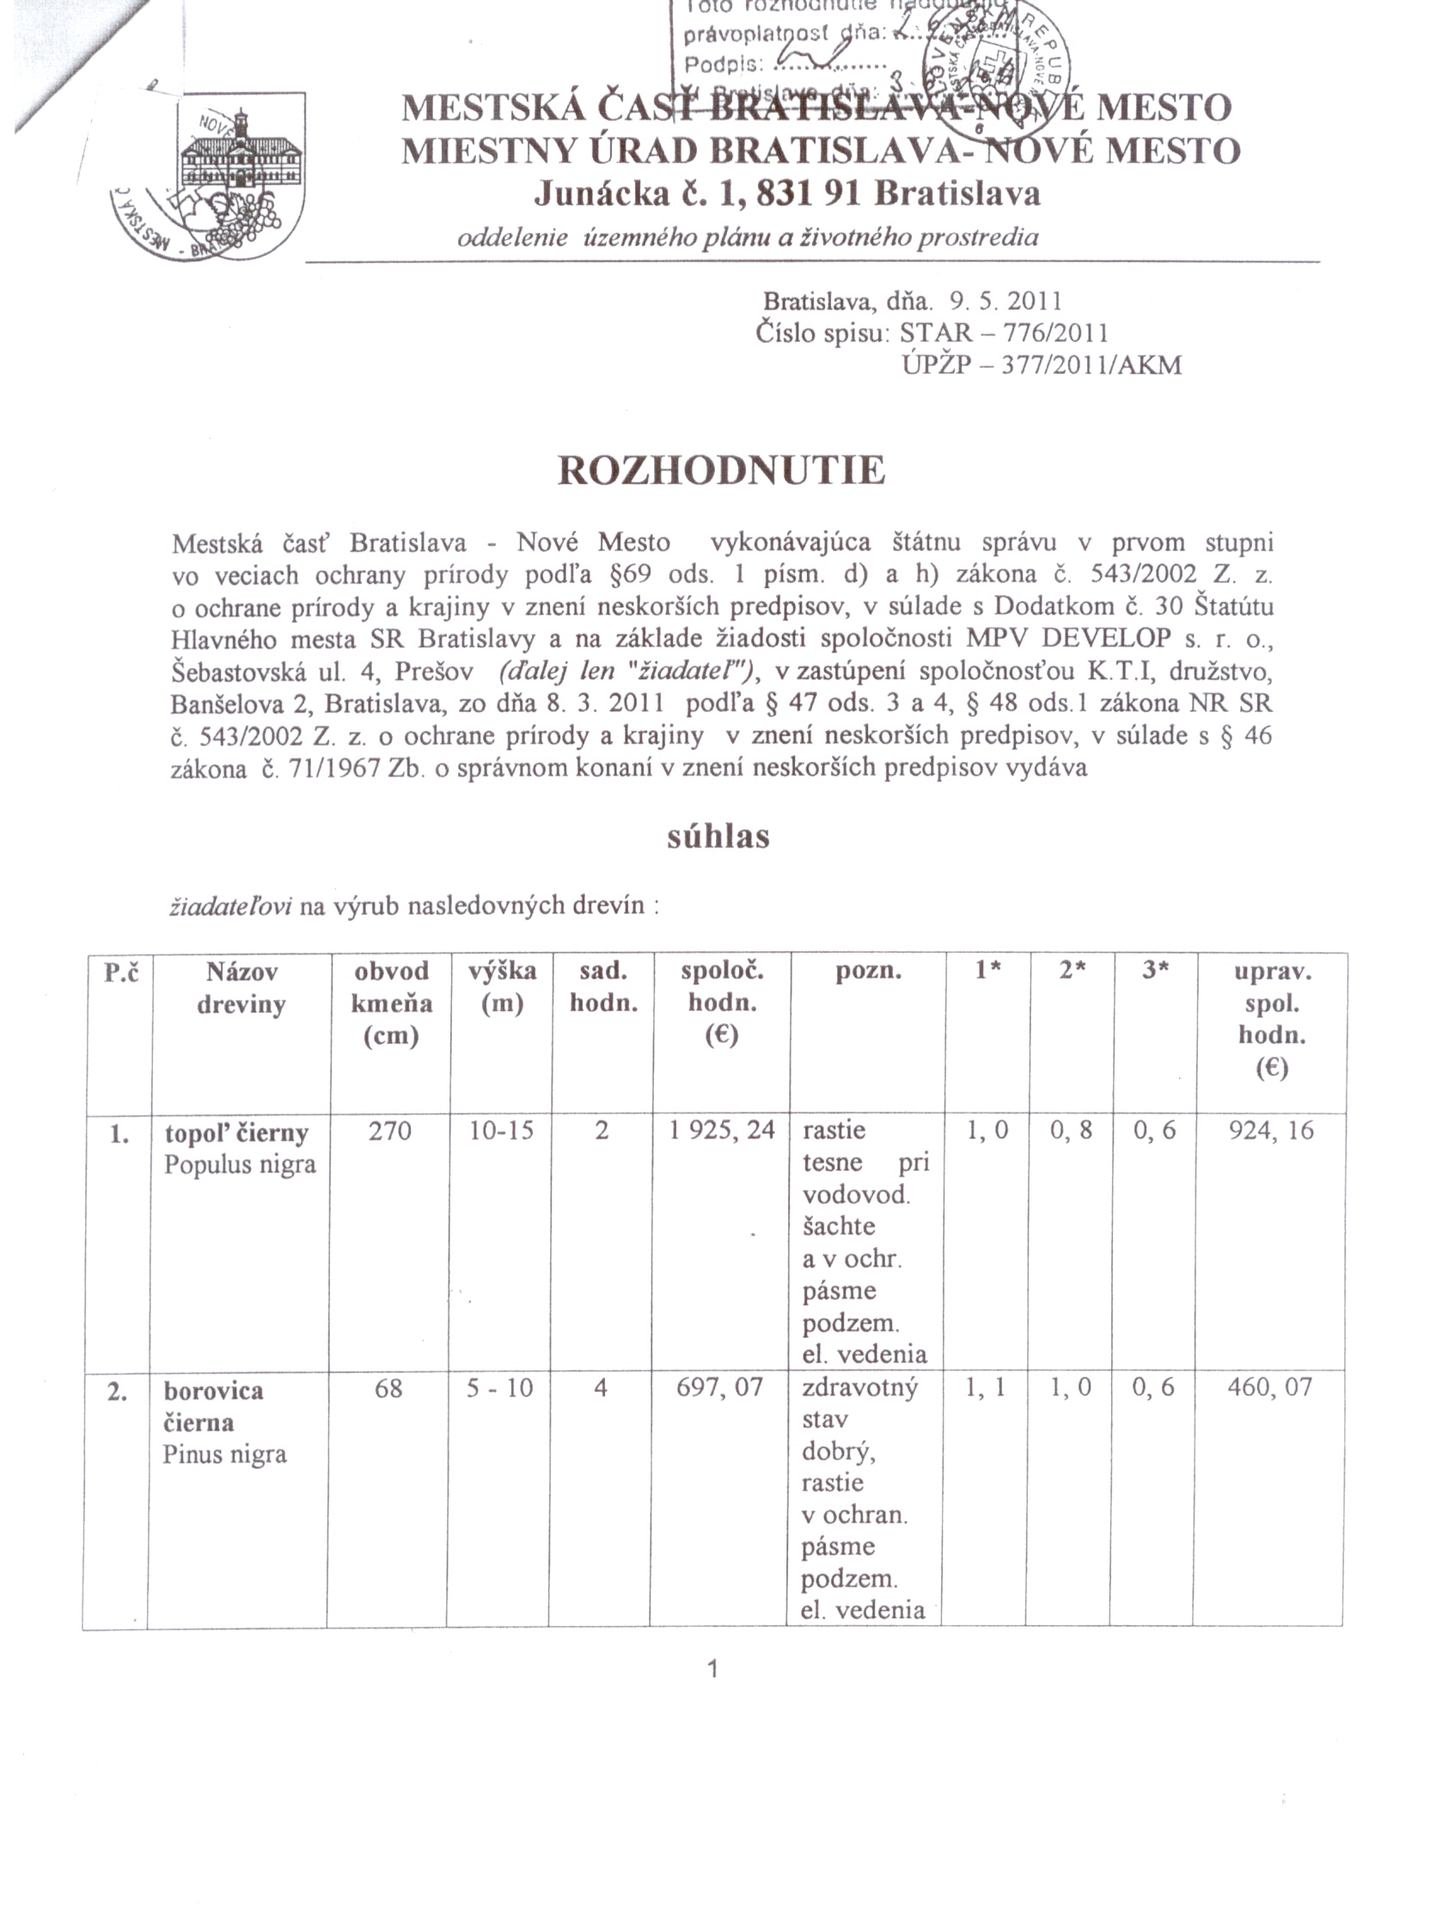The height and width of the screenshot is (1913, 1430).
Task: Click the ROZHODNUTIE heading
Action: tap(721, 471)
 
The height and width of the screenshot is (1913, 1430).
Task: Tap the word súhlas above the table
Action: tap(718, 837)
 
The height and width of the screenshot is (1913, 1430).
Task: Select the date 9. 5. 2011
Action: tap(1005, 301)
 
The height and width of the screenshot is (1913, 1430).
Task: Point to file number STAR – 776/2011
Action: tap(1003, 333)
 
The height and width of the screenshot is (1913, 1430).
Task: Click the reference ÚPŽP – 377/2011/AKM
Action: tap(1041, 365)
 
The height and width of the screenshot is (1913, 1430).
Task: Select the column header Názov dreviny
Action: tap(241, 988)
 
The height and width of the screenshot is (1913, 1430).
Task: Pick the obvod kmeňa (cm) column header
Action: tap(391, 1003)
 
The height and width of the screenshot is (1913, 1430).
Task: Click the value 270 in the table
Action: tap(389, 1131)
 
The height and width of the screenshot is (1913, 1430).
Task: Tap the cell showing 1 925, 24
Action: tap(722, 1131)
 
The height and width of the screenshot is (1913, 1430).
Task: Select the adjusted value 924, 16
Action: tap(1270, 1131)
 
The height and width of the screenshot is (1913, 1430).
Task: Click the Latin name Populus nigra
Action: tap(240, 1164)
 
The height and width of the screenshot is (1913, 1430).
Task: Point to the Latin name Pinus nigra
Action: tap(224, 1454)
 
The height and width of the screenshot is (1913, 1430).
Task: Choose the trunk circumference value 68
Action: tap(388, 1388)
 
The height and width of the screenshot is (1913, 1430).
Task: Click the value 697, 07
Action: tap(719, 1388)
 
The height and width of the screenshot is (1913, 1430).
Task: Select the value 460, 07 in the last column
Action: tap(1269, 1388)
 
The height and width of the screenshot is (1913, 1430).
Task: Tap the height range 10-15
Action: tap(502, 1131)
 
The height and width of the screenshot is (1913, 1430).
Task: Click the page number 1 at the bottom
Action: tap(713, 1669)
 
